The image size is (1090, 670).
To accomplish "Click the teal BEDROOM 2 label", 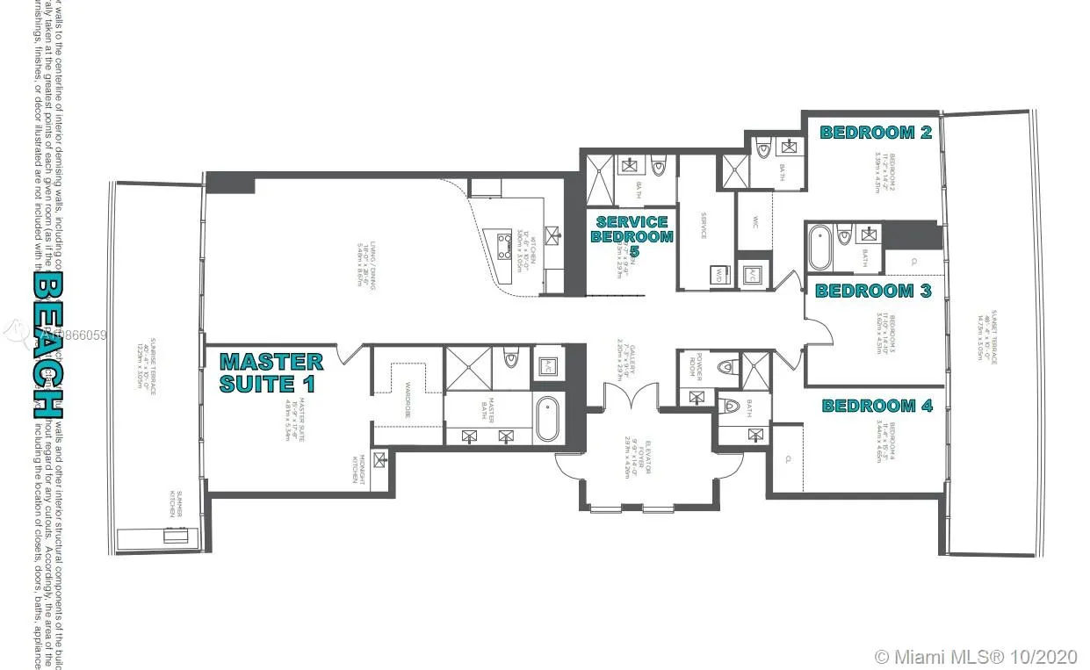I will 875,133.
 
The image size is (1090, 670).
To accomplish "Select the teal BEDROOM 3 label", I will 873,291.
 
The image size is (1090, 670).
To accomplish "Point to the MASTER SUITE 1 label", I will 271,372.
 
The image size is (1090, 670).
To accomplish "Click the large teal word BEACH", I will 47,343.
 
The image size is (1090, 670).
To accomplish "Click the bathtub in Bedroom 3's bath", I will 819,248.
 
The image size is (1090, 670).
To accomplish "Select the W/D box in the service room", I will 719,274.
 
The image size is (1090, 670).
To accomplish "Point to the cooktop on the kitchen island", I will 507,243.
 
